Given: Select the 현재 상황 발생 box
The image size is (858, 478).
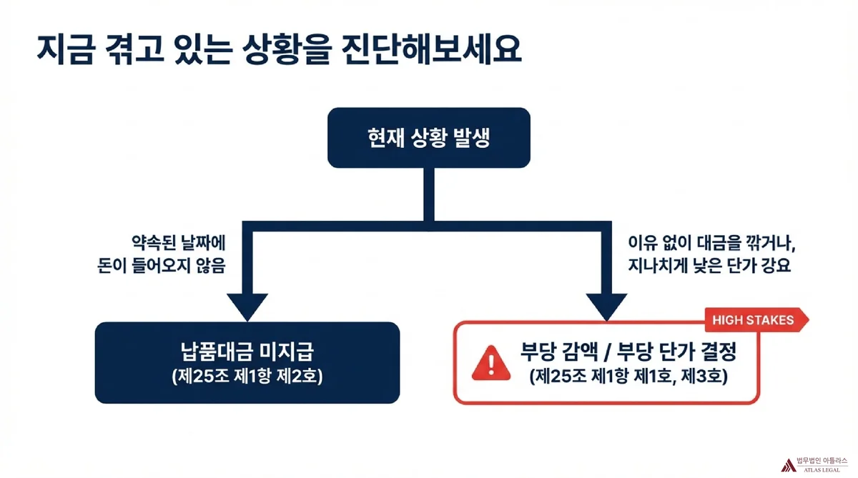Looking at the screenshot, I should click(x=429, y=138).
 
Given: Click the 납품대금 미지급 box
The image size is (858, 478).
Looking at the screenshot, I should click(x=247, y=362).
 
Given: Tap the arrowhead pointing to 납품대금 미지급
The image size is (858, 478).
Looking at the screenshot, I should click(x=247, y=305).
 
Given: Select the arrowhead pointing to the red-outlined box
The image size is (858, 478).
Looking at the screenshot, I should click(x=607, y=305).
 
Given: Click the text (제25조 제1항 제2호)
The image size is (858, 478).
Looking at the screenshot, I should click(x=247, y=376).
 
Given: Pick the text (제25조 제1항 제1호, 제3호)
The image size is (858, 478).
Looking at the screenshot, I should click(x=628, y=376).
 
